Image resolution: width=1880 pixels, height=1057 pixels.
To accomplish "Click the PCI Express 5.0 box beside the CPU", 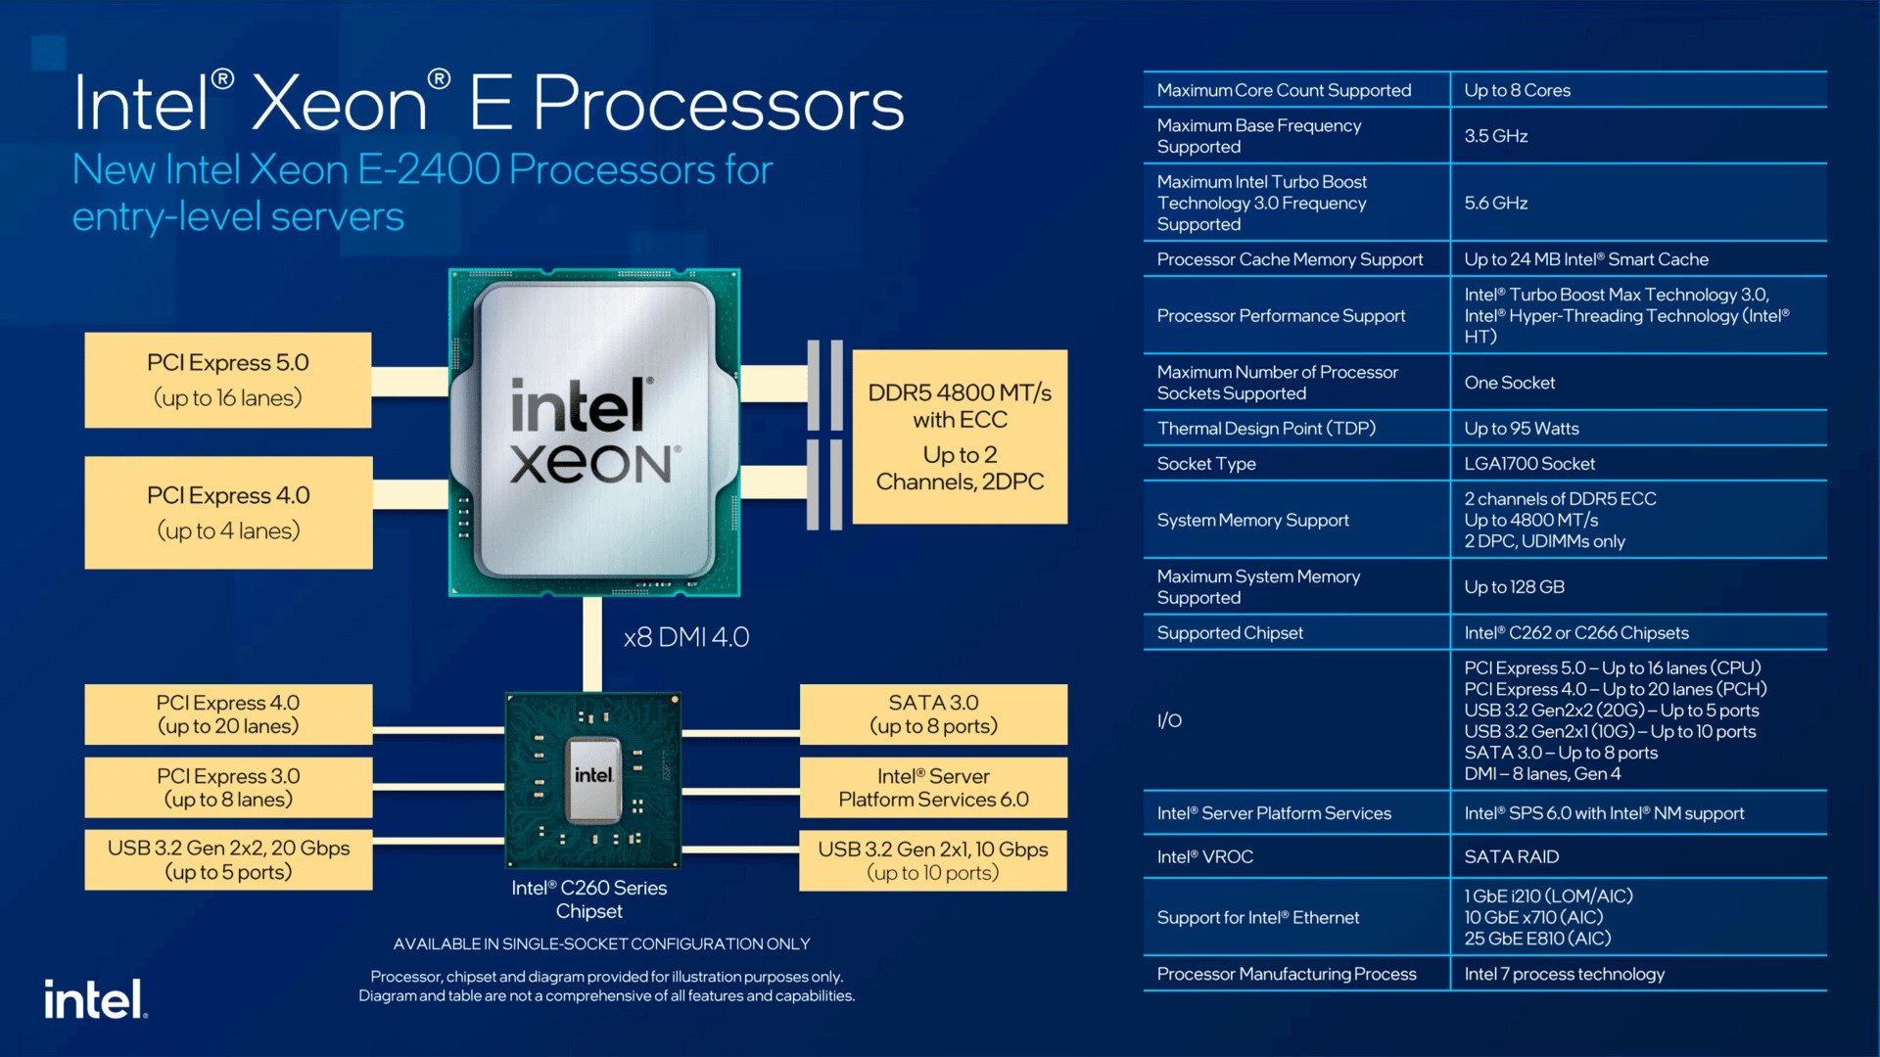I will click(227, 380).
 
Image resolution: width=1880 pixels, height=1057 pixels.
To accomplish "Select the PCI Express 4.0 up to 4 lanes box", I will click(227, 512).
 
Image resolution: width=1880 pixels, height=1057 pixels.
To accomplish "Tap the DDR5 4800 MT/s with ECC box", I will click(960, 437).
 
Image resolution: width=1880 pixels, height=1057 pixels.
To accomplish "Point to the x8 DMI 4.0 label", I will click(686, 637).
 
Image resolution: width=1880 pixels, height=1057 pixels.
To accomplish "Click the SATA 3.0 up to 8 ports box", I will click(933, 714).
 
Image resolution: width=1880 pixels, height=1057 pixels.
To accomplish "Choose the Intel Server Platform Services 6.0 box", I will click(933, 788).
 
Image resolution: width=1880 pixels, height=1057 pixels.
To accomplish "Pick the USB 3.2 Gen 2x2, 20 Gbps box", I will click(227, 860).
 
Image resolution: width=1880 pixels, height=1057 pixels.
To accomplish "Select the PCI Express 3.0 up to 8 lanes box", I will click(227, 788).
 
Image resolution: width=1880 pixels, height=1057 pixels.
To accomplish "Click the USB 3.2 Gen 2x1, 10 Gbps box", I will click(933, 860).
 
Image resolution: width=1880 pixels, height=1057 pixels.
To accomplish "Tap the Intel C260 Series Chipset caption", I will click(588, 899).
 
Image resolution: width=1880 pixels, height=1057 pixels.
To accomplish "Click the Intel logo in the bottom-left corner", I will click(95, 1000).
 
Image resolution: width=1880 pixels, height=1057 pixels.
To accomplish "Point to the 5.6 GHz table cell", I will click(1496, 203).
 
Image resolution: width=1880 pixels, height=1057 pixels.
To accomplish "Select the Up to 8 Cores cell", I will click(1517, 90).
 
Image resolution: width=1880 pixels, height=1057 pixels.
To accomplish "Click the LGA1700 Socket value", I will click(1529, 464).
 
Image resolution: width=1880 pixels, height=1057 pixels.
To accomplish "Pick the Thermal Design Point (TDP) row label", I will click(1266, 429).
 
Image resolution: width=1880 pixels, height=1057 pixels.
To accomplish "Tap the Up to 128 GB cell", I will click(1514, 587).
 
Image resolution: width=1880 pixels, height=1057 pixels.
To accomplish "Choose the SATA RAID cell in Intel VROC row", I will click(1511, 856).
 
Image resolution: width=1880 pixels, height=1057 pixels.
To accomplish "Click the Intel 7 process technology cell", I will click(1564, 974).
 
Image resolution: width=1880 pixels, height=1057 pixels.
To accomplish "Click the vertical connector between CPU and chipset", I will click(591, 644).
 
